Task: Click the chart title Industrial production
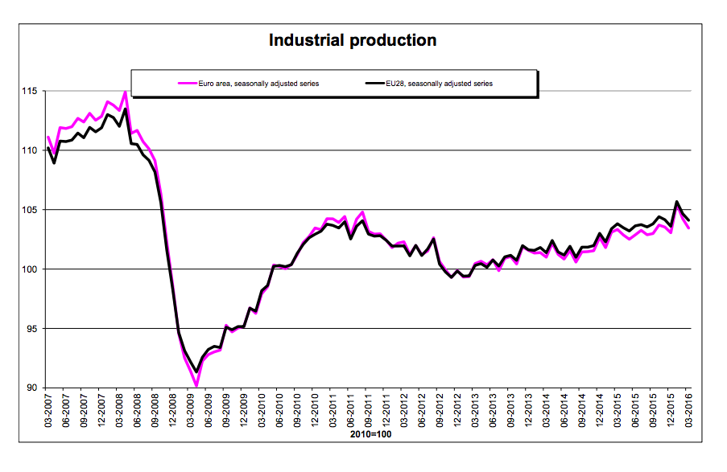353,39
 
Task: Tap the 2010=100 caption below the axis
371,434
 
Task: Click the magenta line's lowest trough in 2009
196,386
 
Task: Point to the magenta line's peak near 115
125,92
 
